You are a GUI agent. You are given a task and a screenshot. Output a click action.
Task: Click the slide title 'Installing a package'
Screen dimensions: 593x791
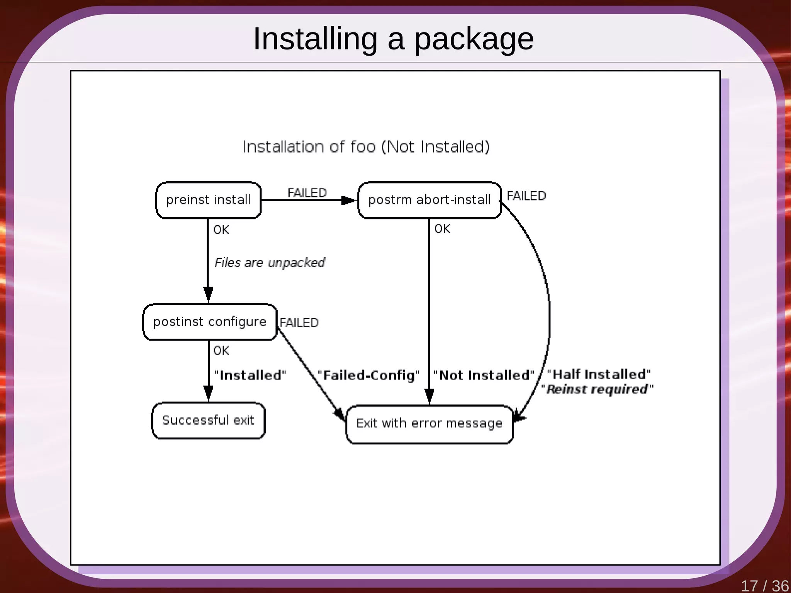[393, 39]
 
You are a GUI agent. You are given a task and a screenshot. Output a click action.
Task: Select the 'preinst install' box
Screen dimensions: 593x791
[208, 200]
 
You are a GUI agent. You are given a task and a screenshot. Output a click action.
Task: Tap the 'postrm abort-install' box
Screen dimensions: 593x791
[429, 200]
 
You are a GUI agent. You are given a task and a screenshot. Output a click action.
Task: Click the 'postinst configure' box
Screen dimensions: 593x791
[210, 322]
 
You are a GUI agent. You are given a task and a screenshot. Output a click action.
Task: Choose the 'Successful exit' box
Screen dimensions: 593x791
[208, 420]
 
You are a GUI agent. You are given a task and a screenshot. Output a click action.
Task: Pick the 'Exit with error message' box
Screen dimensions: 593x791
[429, 424]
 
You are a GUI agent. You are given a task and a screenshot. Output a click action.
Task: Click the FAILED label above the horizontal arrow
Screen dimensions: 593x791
[307, 193]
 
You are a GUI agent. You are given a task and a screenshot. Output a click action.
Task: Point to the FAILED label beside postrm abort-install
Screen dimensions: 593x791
[526, 196]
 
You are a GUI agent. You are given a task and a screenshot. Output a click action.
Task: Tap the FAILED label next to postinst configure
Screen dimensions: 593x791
[299, 323]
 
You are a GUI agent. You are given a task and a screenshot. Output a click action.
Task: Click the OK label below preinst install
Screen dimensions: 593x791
[221, 230]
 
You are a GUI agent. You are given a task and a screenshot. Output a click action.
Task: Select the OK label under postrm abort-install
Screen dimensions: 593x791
[442, 229]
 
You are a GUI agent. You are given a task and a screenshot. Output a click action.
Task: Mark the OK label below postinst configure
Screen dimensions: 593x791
[221, 350]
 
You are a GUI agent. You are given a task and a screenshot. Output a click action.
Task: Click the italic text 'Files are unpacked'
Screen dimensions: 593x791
[270, 263]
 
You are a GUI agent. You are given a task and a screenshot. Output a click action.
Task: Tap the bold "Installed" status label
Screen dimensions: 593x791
[250, 375]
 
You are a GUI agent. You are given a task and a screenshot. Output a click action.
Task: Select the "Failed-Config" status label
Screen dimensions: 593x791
[368, 375]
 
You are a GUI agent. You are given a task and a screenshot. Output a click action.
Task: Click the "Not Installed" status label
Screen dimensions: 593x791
[484, 375]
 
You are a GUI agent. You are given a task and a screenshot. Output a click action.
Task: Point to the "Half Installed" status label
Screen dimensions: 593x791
[599, 374]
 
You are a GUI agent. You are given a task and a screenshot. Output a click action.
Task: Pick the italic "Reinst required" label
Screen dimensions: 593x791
[597, 389]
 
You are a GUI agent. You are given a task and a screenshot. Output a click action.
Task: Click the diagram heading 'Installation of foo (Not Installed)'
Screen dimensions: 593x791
[366, 147]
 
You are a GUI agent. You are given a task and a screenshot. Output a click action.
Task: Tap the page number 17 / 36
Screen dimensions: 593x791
[764, 586]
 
